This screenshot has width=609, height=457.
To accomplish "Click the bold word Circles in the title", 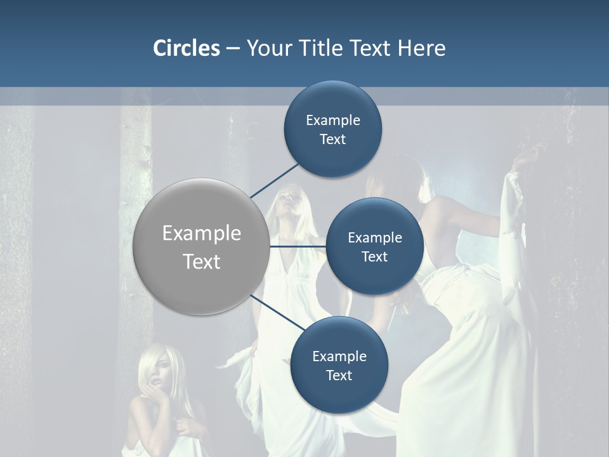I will (187, 48).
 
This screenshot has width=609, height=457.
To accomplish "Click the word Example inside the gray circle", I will (201, 234).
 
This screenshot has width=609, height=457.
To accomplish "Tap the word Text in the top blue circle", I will (333, 140).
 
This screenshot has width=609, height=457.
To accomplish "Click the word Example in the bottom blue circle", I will (339, 356).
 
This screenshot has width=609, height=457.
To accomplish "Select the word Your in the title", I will (266, 48).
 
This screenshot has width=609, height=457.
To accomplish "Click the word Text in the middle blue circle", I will (374, 256).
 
